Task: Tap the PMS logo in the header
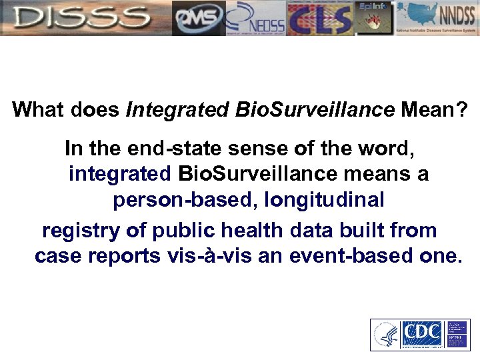[x=198, y=19]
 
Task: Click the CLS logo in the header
[x=319, y=19]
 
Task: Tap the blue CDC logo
[x=423, y=334]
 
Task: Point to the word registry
[x=81, y=231]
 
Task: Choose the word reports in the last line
[x=121, y=257]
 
